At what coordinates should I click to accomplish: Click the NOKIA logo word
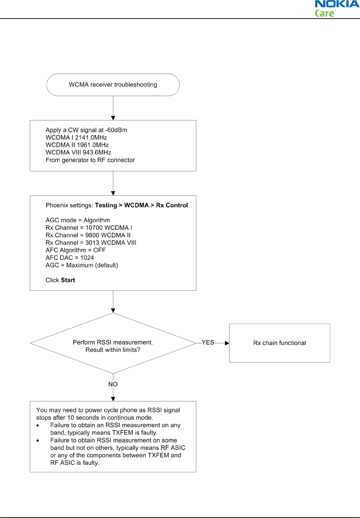(x=337, y=4)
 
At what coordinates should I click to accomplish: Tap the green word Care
(x=324, y=13)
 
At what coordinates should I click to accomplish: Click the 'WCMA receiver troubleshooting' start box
(x=113, y=85)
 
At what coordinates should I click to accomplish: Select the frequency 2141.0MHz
(x=91, y=138)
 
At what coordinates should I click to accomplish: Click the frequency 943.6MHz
(x=97, y=152)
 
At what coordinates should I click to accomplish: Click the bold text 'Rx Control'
(x=172, y=205)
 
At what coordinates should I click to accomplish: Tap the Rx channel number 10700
(x=94, y=228)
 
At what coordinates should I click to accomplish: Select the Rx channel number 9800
(x=92, y=235)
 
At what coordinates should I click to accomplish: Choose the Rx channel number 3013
(x=92, y=243)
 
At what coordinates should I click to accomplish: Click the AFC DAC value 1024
(x=87, y=258)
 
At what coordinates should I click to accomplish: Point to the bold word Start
(x=68, y=280)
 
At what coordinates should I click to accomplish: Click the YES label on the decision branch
(x=208, y=343)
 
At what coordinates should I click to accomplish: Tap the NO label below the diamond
(x=113, y=384)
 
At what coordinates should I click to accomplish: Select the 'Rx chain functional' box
(x=280, y=343)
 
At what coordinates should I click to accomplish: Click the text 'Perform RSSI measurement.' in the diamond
(x=113, y=343)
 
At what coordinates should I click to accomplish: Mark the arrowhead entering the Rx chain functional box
(x=227, y=343)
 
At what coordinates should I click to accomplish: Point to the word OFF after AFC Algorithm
(x=100, y=250)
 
